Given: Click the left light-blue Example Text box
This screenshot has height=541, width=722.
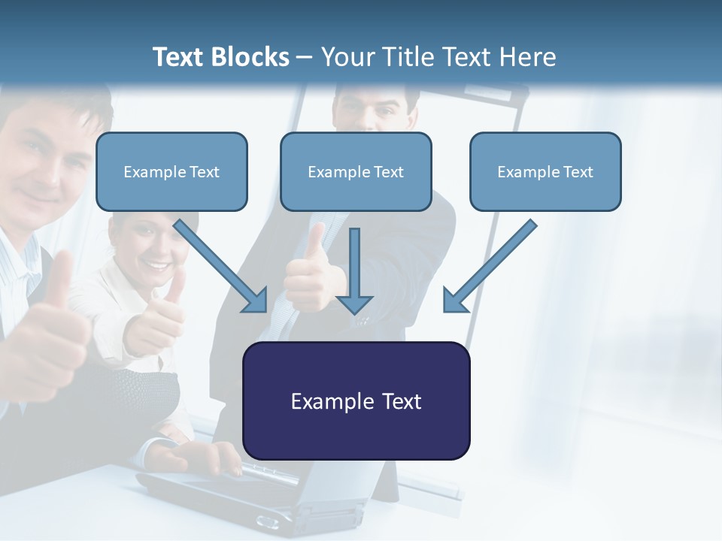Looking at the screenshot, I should click(x=171, y=171).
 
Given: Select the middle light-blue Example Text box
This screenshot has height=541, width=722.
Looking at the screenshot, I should click(x=356, y=171).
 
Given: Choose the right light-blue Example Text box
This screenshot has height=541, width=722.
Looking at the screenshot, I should click(x=545, y=171).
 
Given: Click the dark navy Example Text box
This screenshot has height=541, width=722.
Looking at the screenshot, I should click(x=356, y=400).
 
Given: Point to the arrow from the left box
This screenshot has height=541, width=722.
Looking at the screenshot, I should click(x=223, y=267).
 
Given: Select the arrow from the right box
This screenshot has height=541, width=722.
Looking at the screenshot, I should click(x=489, y=267).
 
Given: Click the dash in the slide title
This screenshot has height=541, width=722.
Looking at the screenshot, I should click(x=305, y=58).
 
